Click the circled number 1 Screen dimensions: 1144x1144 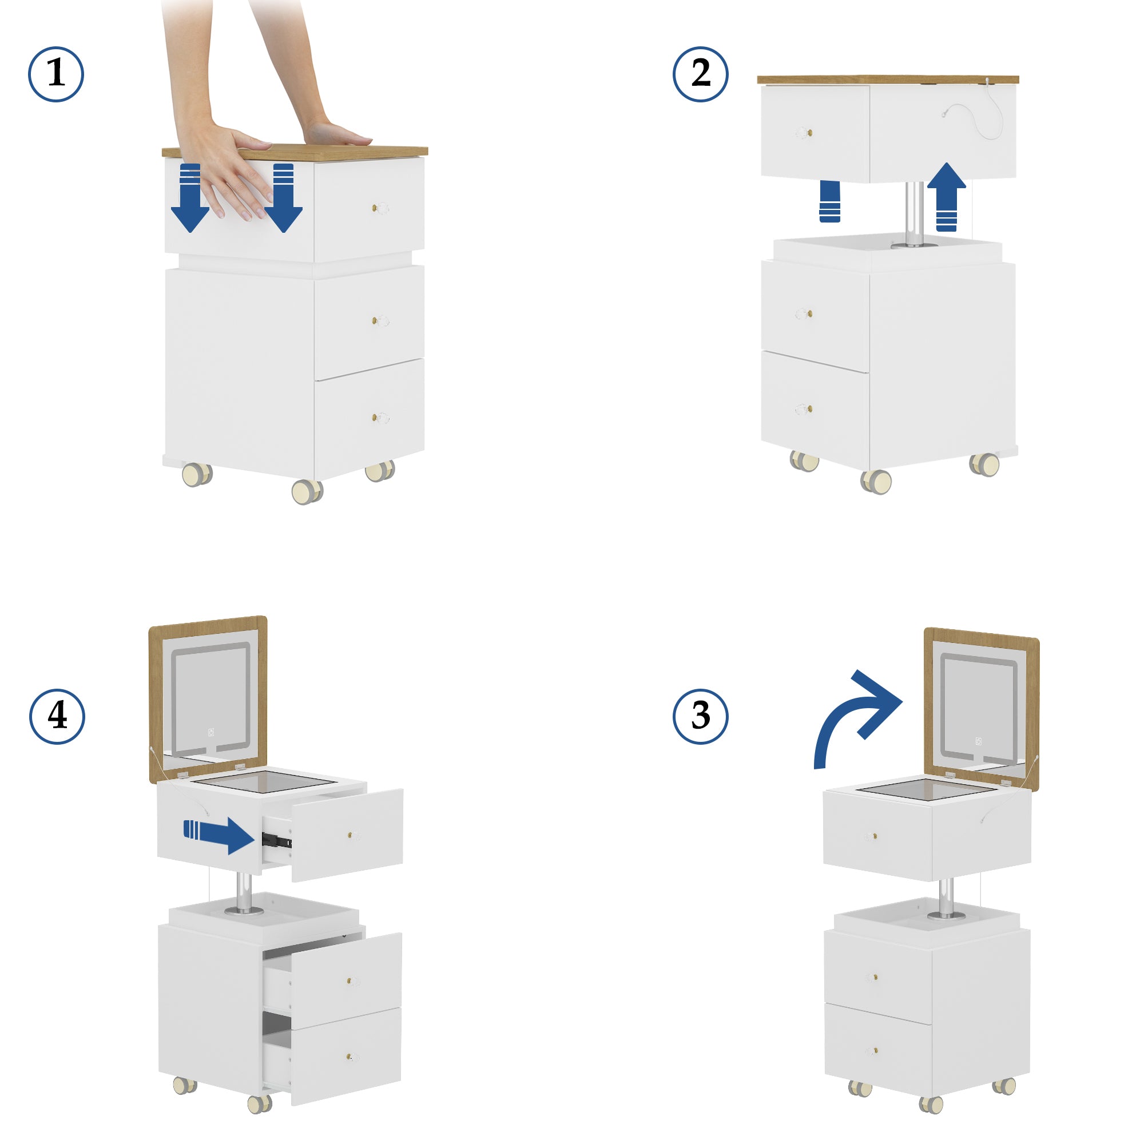tap(55, 74)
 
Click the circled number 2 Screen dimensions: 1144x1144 tap(700, 74)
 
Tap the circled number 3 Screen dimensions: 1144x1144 tap(700, 716)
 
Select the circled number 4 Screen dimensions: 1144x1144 tap(57, 716)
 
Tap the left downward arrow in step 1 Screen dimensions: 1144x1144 tap(189, 199)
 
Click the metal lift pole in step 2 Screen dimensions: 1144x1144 tap(914, 213)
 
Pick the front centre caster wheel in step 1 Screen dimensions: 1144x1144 tap(307, 491)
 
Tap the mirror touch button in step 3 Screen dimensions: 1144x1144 tap(978, 741)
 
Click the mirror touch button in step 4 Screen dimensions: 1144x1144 tap(211, 733)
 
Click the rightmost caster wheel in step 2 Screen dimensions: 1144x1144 tap(984, 464)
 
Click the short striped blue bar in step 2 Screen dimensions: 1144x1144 tap(829, 202)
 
